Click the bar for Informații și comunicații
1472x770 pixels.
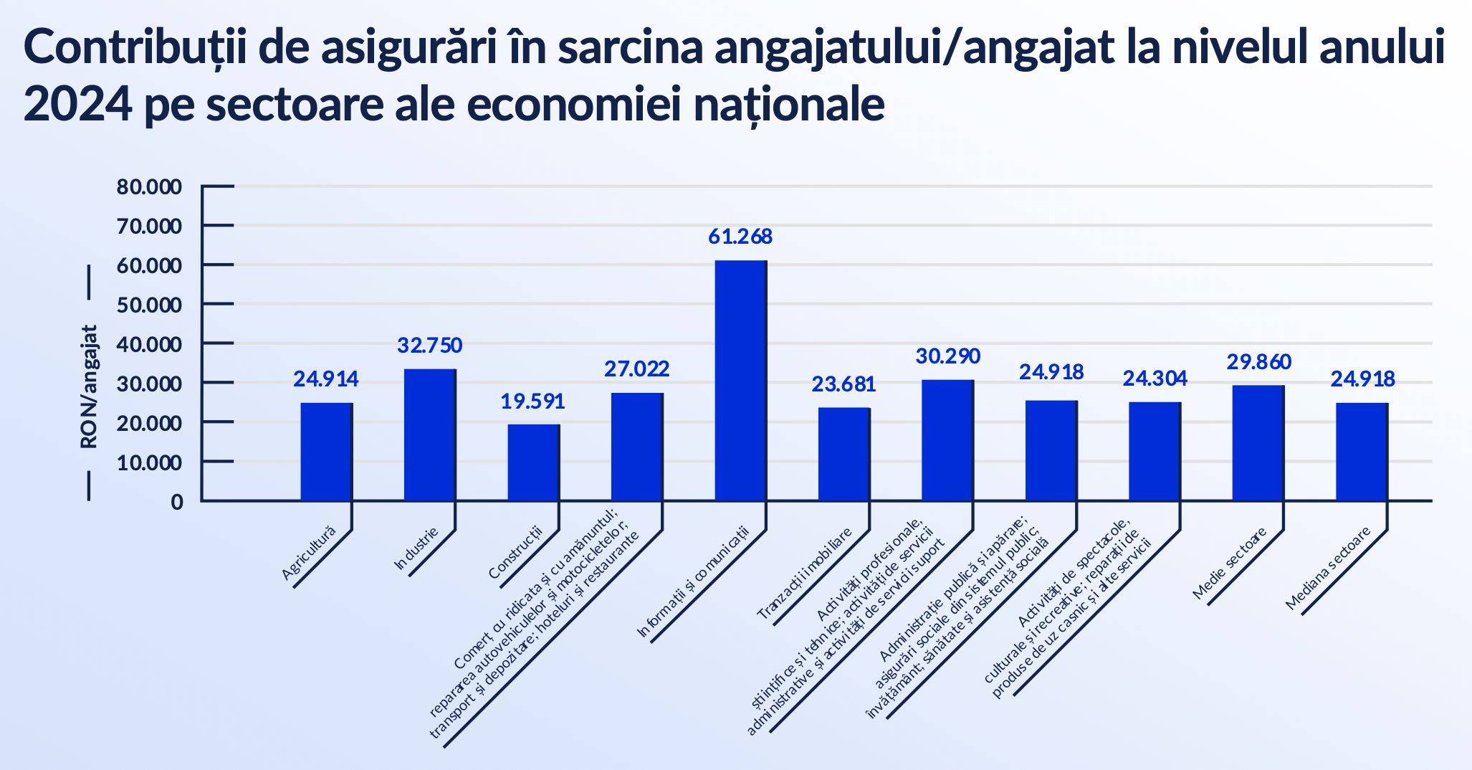(x=740, y=380)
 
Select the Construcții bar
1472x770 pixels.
(x=533, y=462)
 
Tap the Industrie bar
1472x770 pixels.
(x=429, y=434)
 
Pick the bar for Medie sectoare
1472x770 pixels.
(x=1258, y=442)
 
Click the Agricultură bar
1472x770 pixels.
(x=326, y=452)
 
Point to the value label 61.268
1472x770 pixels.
(x=740, y=237)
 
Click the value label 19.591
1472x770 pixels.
(x=532, y=401)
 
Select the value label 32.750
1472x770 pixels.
(x=430, y=346)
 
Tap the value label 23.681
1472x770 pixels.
(x=843, y=384)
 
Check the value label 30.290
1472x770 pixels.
(x=948, y=356)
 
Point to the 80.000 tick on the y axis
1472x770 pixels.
(x=149, y=187)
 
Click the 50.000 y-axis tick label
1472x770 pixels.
(x=149, y=305)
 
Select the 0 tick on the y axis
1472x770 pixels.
(x=176, y=502)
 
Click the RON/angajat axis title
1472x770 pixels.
(x=89, y=387)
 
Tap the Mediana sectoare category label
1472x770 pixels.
(x=1327, y=568)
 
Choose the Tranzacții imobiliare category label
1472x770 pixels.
(x=804, y=574)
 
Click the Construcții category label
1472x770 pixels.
(x=515, y=552)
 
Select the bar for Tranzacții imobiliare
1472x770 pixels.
(x=843, y=454)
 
